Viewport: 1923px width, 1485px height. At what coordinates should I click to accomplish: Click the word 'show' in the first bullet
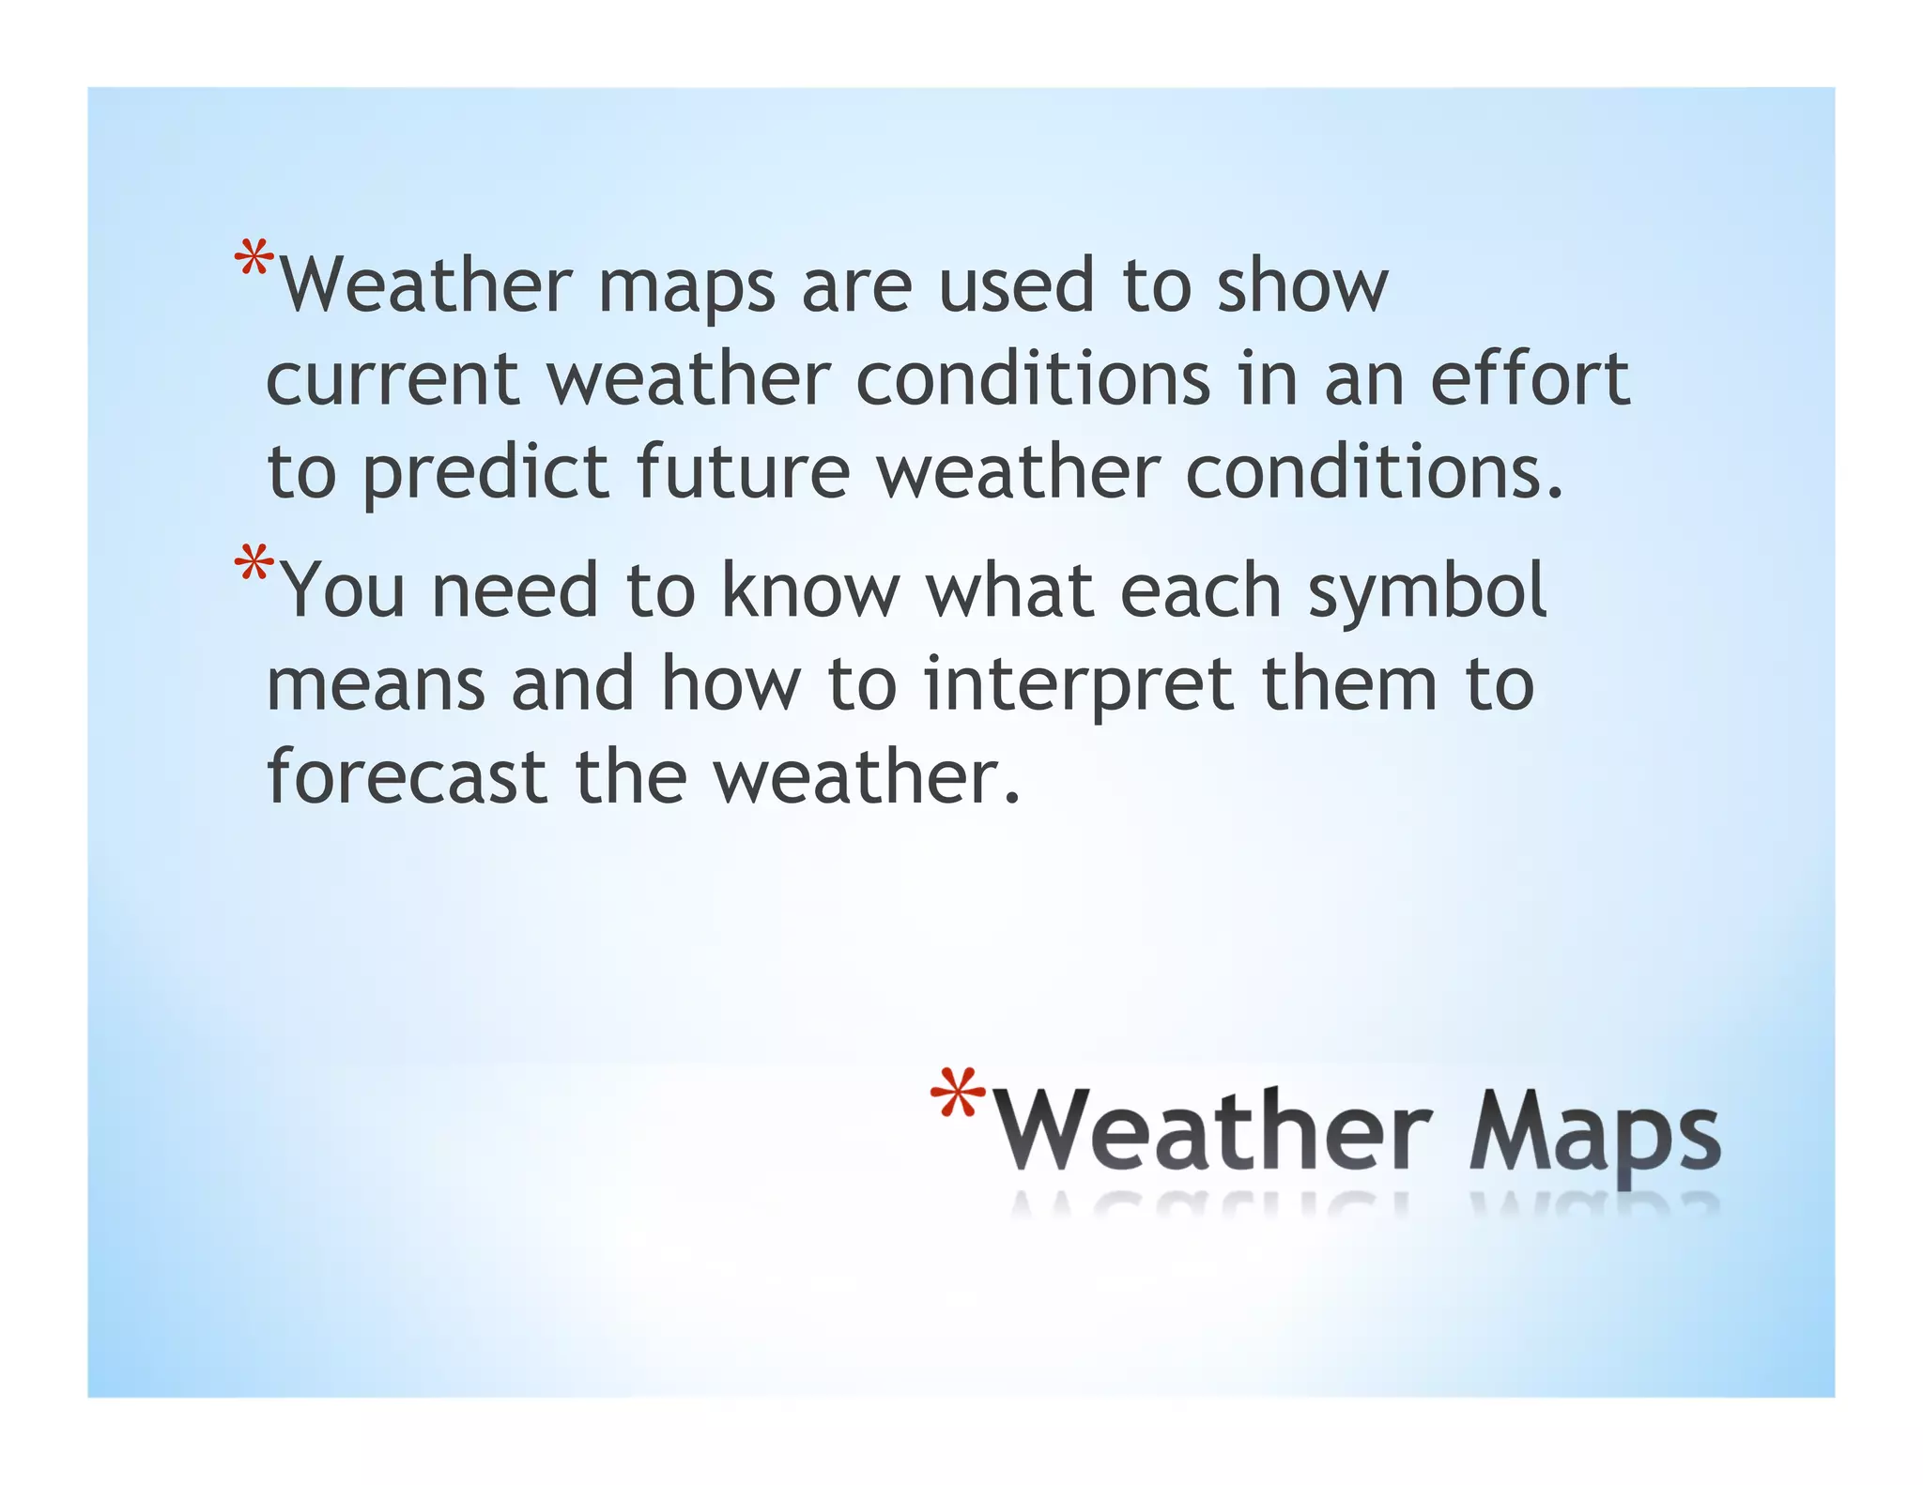point(1301,285)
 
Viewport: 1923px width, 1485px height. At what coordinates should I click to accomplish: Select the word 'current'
point(392,379)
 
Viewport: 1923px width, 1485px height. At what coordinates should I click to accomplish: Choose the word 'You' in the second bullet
point(343,591)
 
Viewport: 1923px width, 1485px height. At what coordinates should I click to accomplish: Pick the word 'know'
point(810,590)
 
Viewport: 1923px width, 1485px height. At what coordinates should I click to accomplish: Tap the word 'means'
point(376,685)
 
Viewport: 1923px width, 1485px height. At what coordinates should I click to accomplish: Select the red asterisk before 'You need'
point(254,565)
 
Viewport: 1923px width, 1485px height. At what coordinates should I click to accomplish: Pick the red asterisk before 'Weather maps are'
point(254,259)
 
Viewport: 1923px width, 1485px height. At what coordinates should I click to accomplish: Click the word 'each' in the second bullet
point(1200,590)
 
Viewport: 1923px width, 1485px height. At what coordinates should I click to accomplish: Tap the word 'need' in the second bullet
point(514,590)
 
